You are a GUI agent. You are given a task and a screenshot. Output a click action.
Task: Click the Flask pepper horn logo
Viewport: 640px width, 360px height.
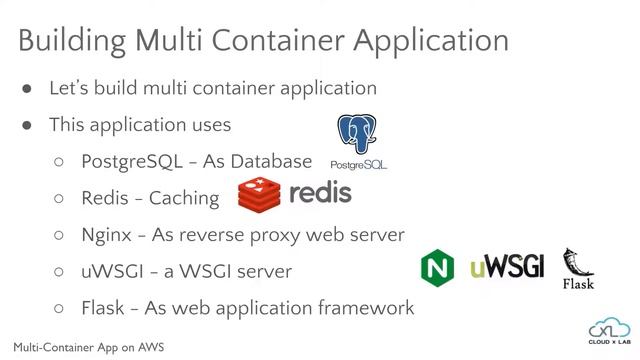[578, 265]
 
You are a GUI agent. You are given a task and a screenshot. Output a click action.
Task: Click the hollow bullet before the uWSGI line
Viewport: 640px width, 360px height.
[59, 271]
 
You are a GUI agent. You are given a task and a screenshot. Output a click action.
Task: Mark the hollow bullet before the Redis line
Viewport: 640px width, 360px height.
[59, 198]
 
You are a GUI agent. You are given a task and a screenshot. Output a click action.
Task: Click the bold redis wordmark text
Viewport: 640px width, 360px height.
[319, 192]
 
